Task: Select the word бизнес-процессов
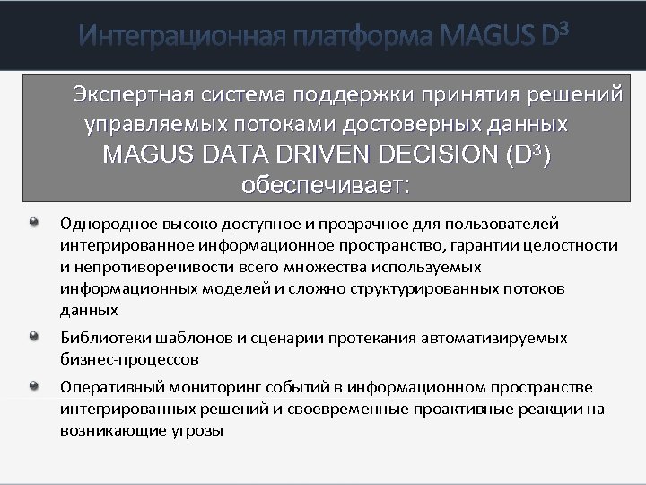coord(129,359)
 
